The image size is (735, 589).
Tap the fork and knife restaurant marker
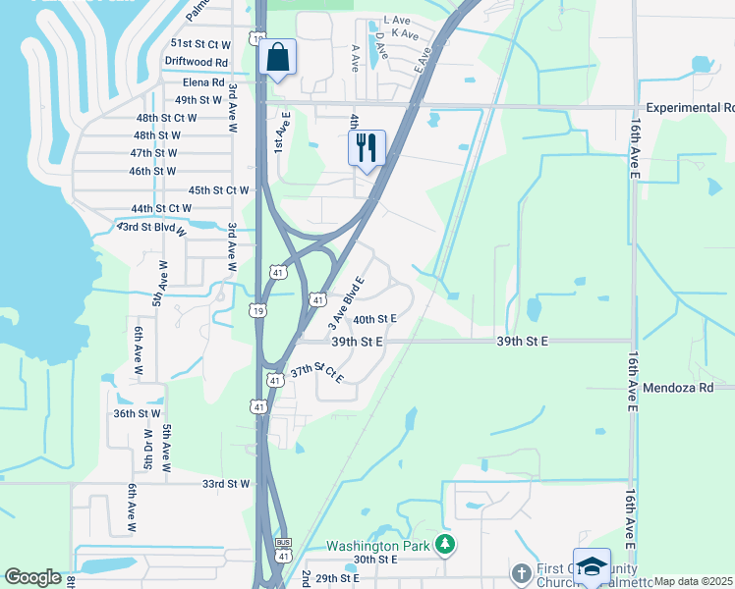point(367,148)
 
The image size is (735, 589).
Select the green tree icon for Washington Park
point(446,544)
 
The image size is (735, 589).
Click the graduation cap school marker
point(593,566)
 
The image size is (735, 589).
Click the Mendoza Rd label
point(678,388)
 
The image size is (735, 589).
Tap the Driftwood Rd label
point(196,61)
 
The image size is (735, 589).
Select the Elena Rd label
point(202,82)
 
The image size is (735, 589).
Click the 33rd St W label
point(227,484)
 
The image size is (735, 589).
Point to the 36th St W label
point(138,414)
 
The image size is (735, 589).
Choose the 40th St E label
point(374,319)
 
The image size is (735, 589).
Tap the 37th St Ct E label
point(316,373)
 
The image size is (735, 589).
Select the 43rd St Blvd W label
point(155,227)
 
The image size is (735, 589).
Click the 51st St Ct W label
point(200,44)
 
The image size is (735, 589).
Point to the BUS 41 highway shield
point(284,549)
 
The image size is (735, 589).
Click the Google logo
point(33,577)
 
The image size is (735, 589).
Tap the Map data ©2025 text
point(693,581)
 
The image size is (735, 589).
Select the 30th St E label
point(374,560)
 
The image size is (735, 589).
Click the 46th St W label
point(153,171)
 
